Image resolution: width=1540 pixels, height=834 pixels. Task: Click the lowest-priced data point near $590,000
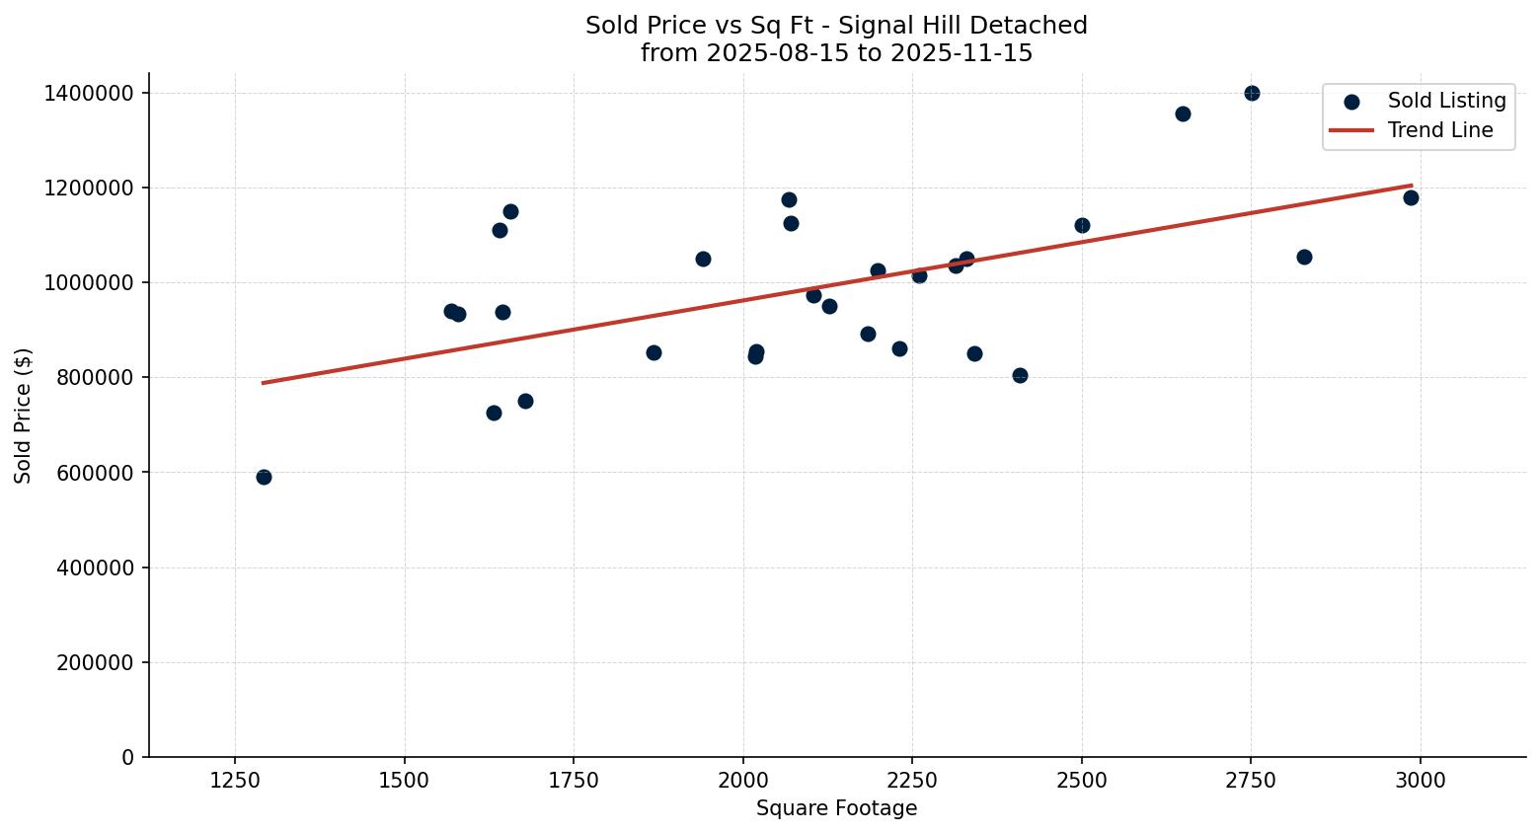[x=264, y=477]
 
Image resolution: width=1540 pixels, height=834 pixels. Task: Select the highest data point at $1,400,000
[x=1252, y=93]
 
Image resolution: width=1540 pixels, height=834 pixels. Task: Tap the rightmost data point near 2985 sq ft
[x=1411, y=197]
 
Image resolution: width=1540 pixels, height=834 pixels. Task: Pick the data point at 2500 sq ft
[x=1082, y=225]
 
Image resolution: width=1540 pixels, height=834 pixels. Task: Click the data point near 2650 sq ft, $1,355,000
[x=1183, y=114]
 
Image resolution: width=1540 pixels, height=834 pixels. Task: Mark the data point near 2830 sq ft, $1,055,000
[x=1304, y=257]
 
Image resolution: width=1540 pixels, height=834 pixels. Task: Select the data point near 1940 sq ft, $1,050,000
[x=703, y=259]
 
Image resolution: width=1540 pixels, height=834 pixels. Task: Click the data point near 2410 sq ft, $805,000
[x=1020, y=375]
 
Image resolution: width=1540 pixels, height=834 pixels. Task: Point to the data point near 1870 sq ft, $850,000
[x=654, y=352]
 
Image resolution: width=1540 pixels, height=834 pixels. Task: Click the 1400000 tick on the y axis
[x=88, y=94]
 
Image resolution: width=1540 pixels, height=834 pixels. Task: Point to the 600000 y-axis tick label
[x=93, y=473]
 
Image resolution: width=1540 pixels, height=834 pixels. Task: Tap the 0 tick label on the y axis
[x=127, y=758]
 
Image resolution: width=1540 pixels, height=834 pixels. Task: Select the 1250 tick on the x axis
[x=235, y=781]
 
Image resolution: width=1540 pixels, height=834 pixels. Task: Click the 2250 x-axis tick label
[x=912, y=781]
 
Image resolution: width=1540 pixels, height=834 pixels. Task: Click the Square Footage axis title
[x=836, y=809]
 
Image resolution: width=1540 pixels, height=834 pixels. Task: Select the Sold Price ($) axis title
[x=24, y=416]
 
